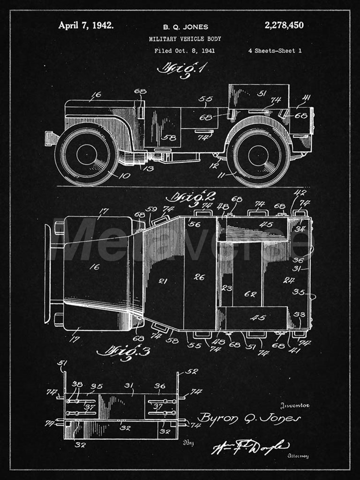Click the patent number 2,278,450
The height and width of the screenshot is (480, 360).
click(x=284, y=25)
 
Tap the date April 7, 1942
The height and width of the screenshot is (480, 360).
click(x=85, y=25)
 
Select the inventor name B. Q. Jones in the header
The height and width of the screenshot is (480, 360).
click(x=185, y=27)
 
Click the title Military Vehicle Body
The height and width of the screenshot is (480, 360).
click(x=185, y=39)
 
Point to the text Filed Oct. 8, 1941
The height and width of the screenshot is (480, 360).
click(x=184, y=51)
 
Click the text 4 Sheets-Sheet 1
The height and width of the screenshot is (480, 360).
click(x=275, y=51)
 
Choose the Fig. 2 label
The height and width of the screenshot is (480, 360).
click(x=190, y=196)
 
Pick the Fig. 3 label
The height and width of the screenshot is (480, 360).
click(x=117, y=351)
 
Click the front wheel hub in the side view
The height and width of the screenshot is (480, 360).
click(x=87, y=154)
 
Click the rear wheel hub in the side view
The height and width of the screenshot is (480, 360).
click(x=258, y=156)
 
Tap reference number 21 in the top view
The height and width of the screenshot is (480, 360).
click(x=163, y=281)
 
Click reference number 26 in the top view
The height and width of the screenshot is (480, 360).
click(x=199, y=277)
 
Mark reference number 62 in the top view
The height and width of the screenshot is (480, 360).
click(x=250, y=294)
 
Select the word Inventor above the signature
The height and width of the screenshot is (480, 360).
click(x=295, y=405)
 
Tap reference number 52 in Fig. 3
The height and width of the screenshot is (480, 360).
click(x=192, y=371)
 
